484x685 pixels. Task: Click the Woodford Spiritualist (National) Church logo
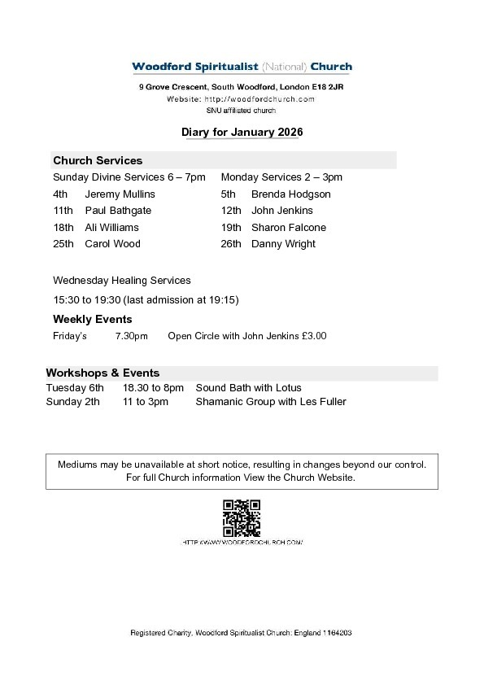[x=242, y=68]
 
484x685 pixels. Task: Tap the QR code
[x=242, y=517]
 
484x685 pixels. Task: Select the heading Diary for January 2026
[x=242, y=131]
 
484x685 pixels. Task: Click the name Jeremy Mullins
[x=120, y=194]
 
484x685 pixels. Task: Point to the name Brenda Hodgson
[x=290, y=194]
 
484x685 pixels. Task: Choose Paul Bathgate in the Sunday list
[x=118, y=211]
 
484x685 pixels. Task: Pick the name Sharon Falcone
[x=288, y=227]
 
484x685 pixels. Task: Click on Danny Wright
[x=283, y=243]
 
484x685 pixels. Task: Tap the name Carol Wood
[x=112, y=243]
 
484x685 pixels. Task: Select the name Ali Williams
[x=111, y=227]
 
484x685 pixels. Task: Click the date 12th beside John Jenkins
[x=231, y=211]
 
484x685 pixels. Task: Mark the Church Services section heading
[x=98, y=160]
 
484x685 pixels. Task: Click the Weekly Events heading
[x=92, y=319]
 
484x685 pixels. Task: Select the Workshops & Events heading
[x=102, y=373]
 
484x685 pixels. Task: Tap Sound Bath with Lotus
[x=248, y=388]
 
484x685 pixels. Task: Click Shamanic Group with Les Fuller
[x=270, y=401]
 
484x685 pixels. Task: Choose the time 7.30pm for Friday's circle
[x=131, y=336]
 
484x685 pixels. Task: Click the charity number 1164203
[x=337, y=632]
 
